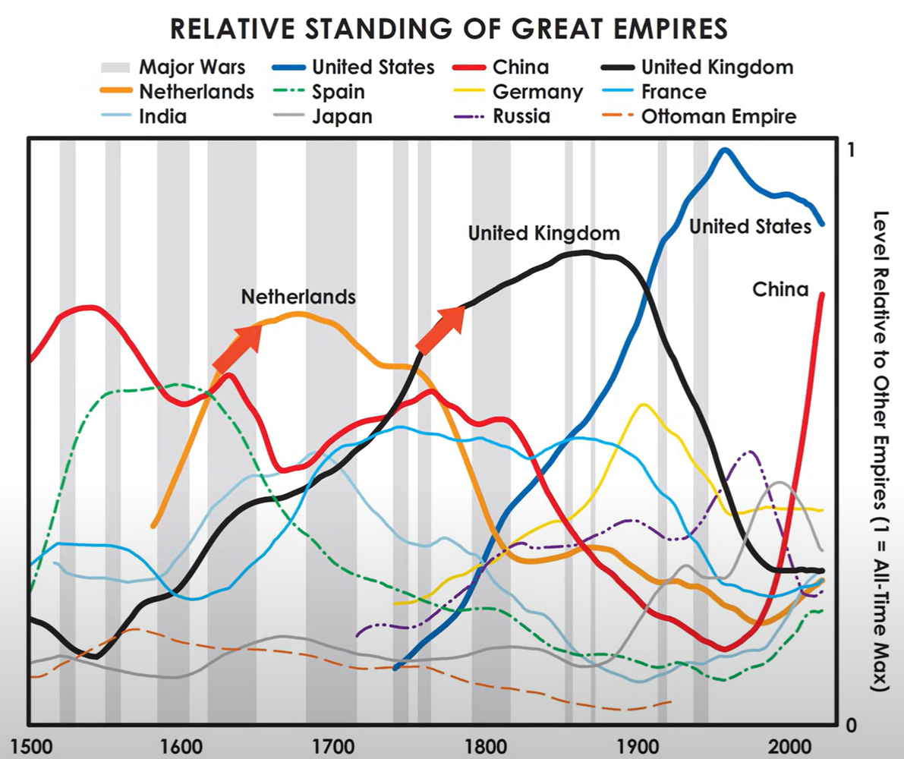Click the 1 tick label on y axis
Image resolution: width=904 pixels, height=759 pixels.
pos(851,150)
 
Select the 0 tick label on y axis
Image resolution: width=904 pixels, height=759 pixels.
pos(852,725)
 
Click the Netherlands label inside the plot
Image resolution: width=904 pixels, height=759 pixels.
pos(298,297)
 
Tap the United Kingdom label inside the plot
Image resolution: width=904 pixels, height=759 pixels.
pos(544,233)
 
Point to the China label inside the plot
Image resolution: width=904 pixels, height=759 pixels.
pos(780,289)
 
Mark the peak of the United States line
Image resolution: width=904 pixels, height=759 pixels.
pos(725,150)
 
